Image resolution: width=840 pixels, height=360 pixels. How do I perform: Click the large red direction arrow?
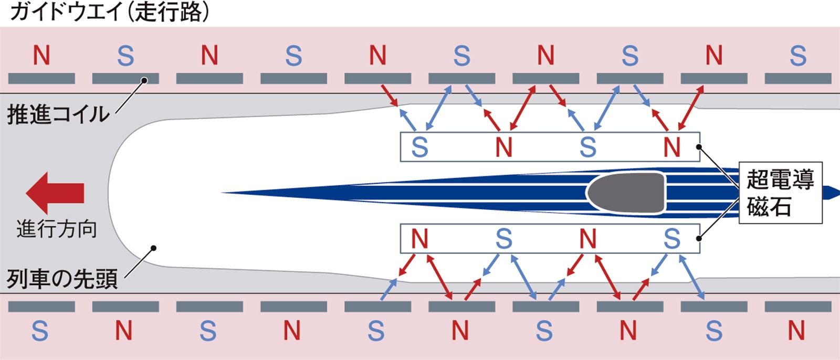[55, 193]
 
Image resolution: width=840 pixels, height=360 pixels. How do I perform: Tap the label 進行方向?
[57, 229]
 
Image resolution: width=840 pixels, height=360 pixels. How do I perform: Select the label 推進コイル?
[58, 114]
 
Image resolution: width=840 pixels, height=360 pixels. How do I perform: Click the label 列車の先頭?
[62, 279]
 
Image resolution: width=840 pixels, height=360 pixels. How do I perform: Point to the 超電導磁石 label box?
[780, 193]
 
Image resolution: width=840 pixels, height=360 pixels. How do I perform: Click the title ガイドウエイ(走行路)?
[110, 11]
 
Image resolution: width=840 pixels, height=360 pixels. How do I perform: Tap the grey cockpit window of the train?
[626, 193]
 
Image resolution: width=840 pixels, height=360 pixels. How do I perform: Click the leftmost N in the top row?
[41, 55]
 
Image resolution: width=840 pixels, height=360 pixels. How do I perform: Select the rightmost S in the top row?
[797, 55]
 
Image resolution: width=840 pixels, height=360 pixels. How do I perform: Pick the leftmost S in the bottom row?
[40, 331]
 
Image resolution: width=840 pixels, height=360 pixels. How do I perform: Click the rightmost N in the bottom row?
[796, 331]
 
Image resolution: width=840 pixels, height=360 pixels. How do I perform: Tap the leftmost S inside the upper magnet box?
[419, 147]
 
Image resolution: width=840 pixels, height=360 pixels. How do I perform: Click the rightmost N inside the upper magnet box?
[671, 147]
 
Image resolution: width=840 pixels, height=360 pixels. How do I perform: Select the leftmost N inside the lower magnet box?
[419, 239]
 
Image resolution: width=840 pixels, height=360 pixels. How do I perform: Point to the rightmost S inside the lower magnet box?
[671, 239]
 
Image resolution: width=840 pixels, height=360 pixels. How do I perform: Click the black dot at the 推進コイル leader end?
[143, 80]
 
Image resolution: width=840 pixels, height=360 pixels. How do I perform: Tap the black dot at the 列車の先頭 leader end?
[153, 248]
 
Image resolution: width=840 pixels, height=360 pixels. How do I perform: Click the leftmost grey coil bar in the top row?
[41, 79]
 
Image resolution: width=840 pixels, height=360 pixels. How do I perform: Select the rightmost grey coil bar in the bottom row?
[797, 306]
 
